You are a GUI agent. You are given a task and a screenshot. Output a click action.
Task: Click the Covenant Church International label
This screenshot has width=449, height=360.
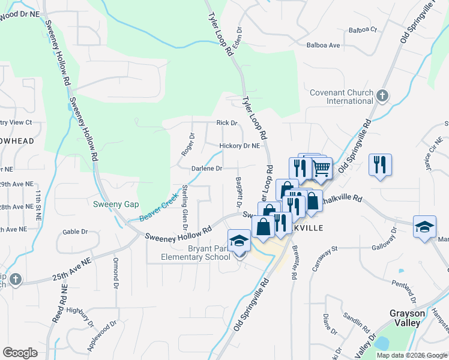341,97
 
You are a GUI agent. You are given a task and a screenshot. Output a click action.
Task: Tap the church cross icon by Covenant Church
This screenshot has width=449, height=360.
382,95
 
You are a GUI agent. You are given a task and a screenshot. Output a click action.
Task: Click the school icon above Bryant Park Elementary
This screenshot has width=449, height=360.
239,241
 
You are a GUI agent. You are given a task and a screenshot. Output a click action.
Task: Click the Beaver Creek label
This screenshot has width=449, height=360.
159,206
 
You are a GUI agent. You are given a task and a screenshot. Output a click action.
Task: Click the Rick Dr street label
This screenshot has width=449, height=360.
227,123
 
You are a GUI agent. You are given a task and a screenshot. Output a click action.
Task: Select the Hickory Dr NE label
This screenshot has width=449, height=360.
240,146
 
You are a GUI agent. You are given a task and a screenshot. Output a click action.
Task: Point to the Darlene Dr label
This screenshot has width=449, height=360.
207,169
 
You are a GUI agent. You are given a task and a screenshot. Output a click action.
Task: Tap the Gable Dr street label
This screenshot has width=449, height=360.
75,232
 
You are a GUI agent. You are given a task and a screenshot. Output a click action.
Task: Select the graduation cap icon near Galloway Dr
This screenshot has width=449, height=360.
424,227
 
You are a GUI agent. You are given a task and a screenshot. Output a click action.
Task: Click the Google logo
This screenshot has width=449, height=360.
20,353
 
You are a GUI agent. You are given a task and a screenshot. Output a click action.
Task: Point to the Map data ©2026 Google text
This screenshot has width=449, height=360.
412,355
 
